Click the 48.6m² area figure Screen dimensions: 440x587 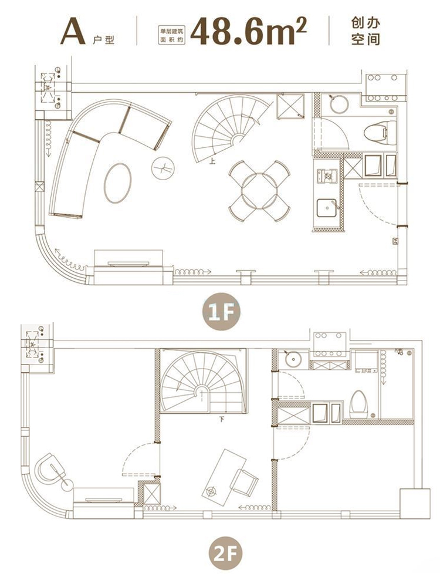coord(248,31)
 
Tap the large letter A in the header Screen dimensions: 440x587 coord(73,32)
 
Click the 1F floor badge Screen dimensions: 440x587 coord(221,312)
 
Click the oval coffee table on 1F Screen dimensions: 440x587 coord(118,183)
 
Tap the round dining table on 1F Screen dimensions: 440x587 coord(260,191)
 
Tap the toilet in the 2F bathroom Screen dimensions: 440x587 coord(359,404)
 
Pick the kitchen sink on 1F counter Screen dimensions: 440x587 coord(327,208)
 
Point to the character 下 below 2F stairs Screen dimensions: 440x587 coord(222,420)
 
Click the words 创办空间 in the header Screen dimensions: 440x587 coord(365,31)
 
